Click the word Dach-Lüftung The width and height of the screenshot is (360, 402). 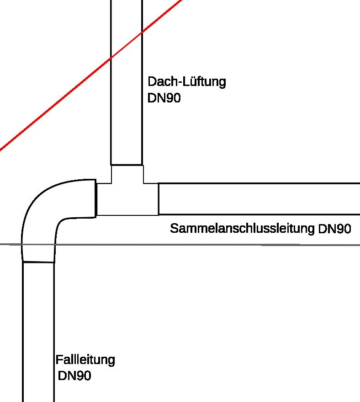point(187,82)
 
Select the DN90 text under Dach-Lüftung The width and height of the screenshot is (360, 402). point(164,98)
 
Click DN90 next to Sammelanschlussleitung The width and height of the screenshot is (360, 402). point(335,229)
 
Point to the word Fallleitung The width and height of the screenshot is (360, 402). point(85,360)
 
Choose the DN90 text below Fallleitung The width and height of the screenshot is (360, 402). point(74,376)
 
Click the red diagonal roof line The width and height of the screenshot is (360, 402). point(55,104)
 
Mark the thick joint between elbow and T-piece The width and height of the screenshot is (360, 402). point(96,198)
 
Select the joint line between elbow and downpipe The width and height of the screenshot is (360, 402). point(38,263)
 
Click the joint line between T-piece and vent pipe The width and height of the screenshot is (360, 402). point(127,165)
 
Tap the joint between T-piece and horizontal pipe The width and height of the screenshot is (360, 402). point(159,199)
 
